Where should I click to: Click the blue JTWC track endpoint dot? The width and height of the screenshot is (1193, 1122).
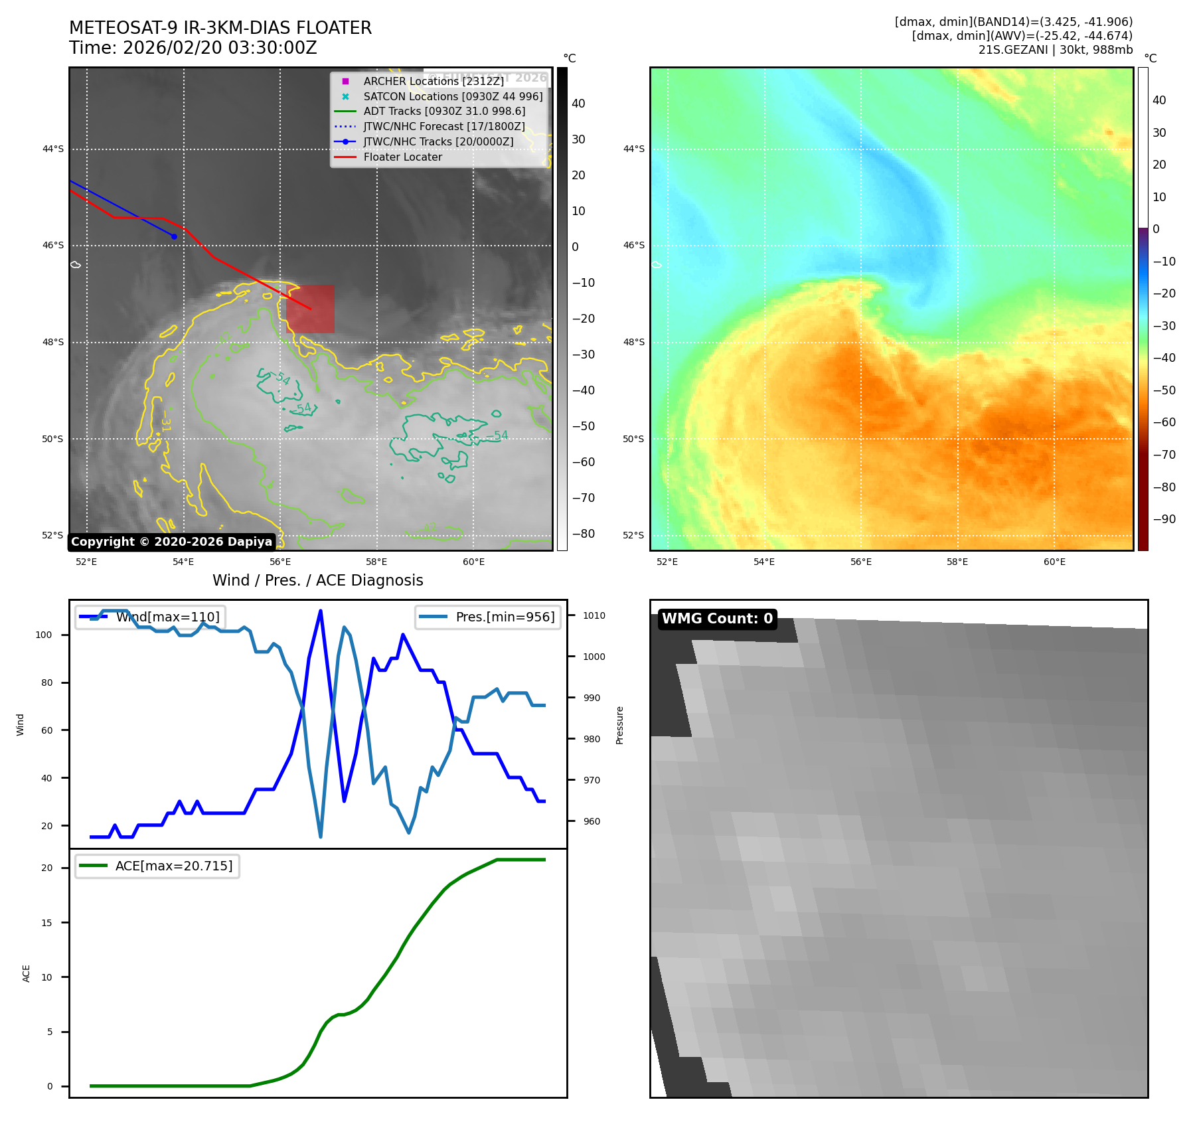(x=174, y=236)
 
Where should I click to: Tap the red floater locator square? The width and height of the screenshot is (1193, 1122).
(x=310, y=309)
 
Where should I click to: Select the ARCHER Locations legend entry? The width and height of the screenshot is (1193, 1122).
(x=434, y=81)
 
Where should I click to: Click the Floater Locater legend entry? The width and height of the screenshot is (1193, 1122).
(x=402, y=157)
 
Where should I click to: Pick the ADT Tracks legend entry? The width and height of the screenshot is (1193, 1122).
(x=444, y=112)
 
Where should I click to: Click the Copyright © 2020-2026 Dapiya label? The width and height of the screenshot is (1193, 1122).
(x=171, y=542)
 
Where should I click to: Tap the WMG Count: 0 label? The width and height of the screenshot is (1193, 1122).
(x=717, y=619)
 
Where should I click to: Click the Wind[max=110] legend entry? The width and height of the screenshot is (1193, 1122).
(x=167, y=617)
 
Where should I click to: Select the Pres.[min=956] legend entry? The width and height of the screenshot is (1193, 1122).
(x=505, y=617)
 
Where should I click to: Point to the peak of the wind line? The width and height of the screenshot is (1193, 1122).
(x=321, y=611)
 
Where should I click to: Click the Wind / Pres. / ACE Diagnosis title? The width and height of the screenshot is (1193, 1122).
(x=317, y=580)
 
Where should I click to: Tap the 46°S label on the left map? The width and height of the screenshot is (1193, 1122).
(x=53, y=245)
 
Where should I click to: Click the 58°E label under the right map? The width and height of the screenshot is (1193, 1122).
(x=957, y=562)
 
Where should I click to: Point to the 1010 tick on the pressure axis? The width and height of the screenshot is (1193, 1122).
(x=594, y=615)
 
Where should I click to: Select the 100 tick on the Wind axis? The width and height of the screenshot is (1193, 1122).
(x=44, y=635)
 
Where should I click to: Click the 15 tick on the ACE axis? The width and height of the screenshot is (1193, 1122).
(x=46, y=922)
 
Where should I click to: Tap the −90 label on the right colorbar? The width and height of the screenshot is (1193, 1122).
(x=1164, y=519)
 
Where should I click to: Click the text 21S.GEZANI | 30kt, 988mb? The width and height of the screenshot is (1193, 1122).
(x=1055, y=50)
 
